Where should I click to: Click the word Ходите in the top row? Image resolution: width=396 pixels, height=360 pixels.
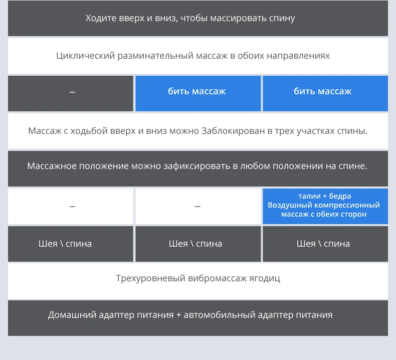(x=100, y=19)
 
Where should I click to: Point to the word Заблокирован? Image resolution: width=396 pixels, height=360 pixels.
(x=230, y=131)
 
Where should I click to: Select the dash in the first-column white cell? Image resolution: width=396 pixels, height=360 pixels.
(x=72, y=206)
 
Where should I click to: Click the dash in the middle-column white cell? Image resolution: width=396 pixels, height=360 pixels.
(x=197, y=206)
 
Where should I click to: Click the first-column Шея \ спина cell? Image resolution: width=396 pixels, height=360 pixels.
(x=65, y=244)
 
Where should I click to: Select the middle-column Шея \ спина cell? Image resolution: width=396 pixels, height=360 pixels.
(x=195, y=244)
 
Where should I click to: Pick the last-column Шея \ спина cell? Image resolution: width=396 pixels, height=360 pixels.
(x=323, y=244)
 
